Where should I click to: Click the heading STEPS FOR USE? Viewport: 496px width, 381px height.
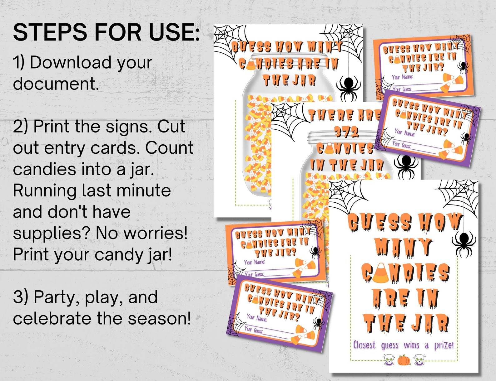(x=106, y=32)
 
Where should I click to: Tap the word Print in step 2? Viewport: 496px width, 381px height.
(x=55, y=127)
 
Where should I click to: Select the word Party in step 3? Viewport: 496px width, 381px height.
(x=54, y=297)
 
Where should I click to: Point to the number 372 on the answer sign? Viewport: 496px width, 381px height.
(x=346, y=133)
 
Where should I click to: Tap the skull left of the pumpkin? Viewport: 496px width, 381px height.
(x=389, y=359)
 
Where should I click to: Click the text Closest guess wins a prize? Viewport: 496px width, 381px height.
(x=403, y=345)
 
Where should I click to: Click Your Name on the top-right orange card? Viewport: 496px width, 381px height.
(x=402, y=77)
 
